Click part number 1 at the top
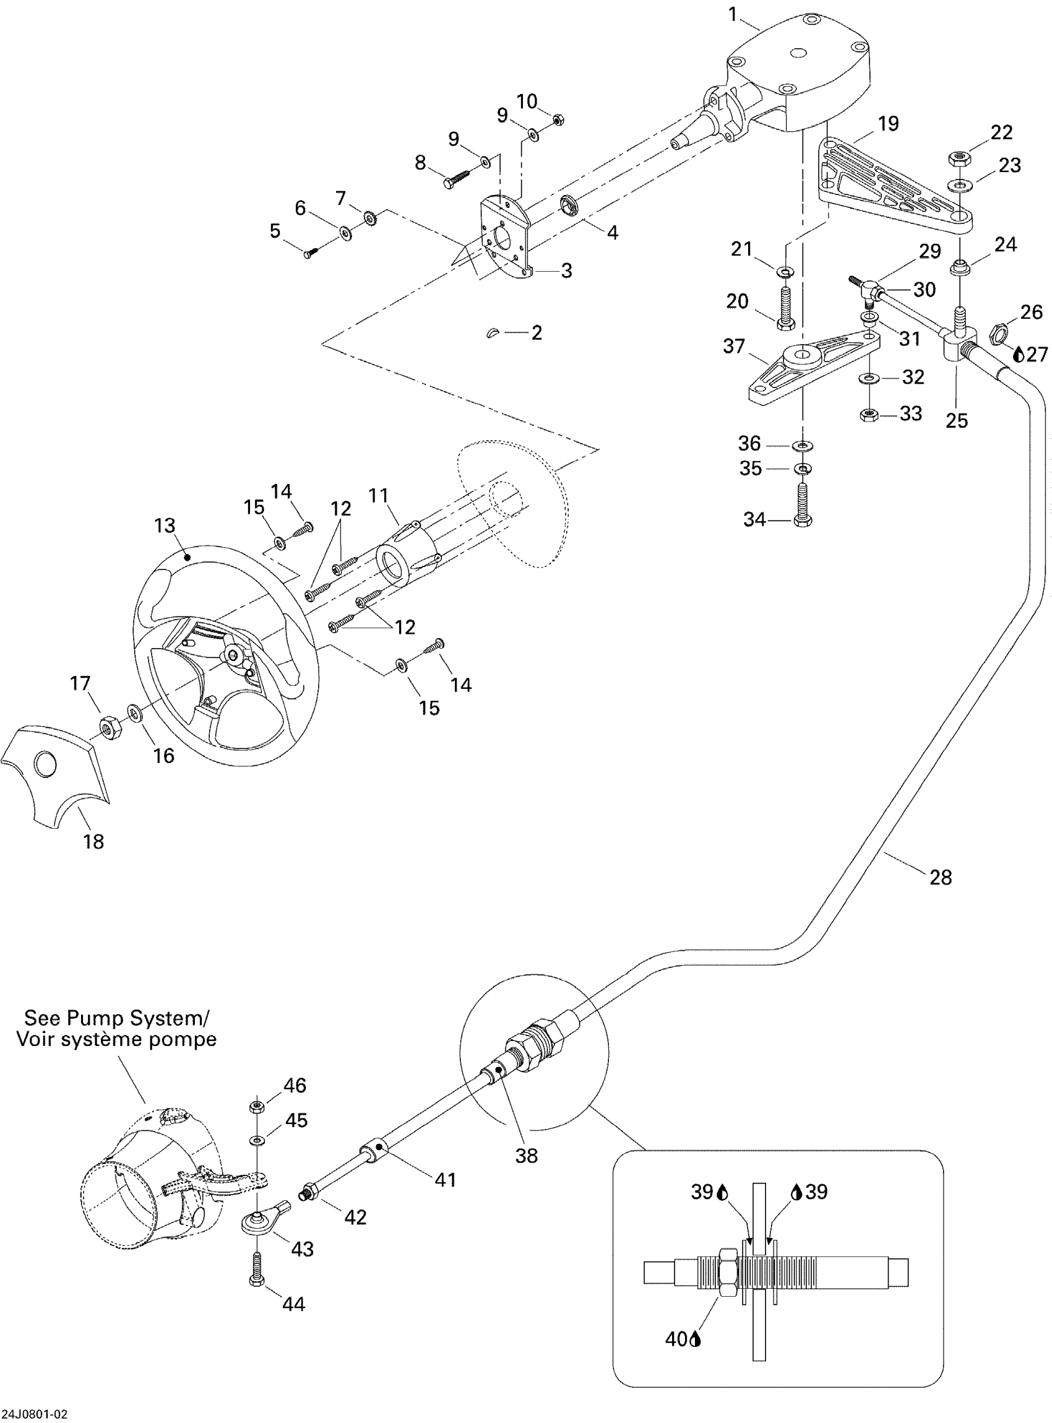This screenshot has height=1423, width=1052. (733, 14)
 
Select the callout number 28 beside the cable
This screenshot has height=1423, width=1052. (940, 877)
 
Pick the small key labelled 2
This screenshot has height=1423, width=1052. (494, 332)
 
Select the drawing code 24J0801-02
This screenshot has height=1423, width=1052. (35, 1416)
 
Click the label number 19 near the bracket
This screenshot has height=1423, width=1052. (888, 123)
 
